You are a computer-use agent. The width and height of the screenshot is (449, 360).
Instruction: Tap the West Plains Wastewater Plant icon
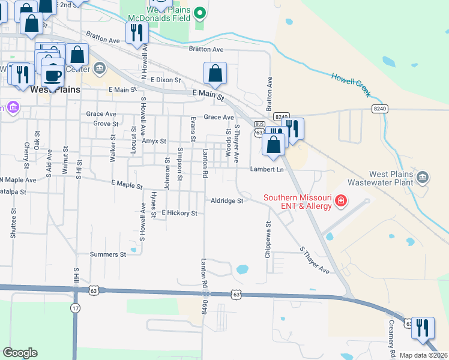click(423, 177)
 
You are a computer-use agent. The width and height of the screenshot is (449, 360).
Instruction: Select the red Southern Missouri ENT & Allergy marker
click(341, 200)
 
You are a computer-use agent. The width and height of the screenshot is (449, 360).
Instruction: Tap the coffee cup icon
click(53, 75)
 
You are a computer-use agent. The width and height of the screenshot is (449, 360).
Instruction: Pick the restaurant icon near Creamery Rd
click(423, 327)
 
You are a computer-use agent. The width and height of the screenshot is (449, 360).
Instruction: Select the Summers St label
click(107, 254)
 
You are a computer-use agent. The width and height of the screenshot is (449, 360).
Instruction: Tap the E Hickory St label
click(179, 213)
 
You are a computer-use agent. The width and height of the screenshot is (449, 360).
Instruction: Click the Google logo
click(20, 353)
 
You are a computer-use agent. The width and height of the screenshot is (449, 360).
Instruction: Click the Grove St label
click(106, 124)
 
